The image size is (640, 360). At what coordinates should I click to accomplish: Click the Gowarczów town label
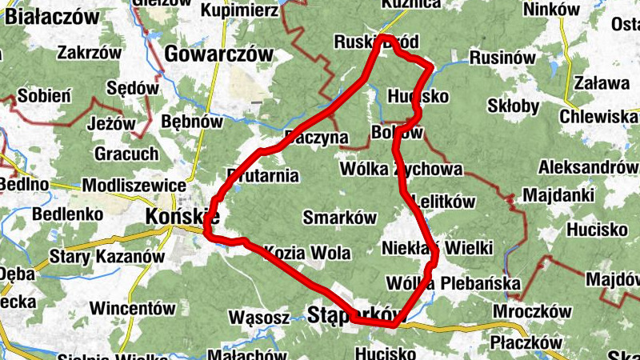pyautogui.click(x=218, y=54)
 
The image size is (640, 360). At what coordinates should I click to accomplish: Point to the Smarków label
pyautogui.click(x=340, y=217)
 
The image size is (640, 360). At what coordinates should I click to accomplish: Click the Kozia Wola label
pyautogui.click(x=307, y=254)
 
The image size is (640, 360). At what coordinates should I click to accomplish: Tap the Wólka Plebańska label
pyautogui.click(x=453, y=284)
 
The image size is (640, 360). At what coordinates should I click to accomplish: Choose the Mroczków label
pyautogui.click(x=532, y=311)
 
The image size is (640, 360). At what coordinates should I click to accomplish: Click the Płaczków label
pyautogui.click(x=526, y=342)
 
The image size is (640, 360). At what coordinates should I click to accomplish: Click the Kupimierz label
pyautogui.click(x=239, y=10)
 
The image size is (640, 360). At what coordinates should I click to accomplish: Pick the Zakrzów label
pyautogui.click(x=89, y=53)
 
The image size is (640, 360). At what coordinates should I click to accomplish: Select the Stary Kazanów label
pyautogui.click(x=106, y=258)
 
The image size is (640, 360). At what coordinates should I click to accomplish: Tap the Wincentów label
pyautogui.click(x=133, y=307)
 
